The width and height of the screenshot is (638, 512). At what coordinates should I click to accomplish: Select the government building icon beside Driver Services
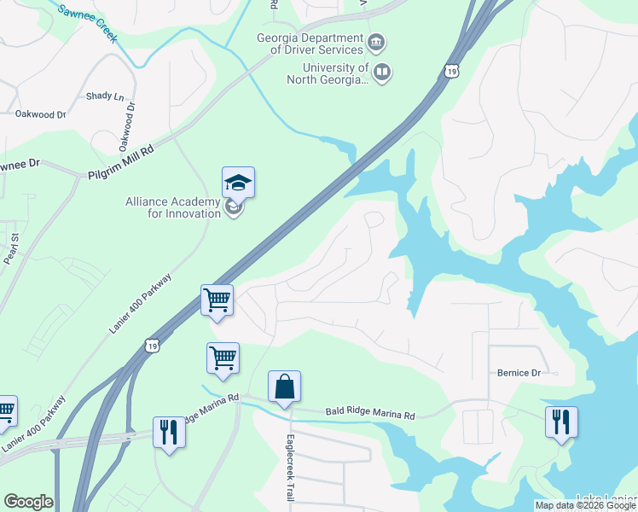pyautogui.click(x=375, y=43)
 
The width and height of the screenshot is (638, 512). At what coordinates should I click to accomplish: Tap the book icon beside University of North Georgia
pyautogui.click(x=382, y=73)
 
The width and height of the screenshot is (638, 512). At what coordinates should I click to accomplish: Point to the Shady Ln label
pyautogui.click(x=104, y=96)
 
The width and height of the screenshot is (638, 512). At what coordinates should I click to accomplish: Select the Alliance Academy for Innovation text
pyautogui.click(x=173, y=207)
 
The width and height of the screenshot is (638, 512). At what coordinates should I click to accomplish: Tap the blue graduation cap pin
pyautogui.click(x=238, y=183)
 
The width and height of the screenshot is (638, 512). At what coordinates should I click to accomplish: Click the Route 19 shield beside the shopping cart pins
pyautogui.click(x=151, y=344)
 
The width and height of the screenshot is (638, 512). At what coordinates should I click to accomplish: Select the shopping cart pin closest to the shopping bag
pyautogui.click(x=223, y=359)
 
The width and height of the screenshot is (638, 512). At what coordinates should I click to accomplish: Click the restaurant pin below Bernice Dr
pyautogui.click(x=561, y=422)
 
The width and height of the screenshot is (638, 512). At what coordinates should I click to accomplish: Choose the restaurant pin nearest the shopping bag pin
pyautogui.click(x=169, y=433)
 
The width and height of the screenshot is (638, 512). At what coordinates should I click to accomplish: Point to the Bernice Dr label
pyautogui.click(x=519, y=373)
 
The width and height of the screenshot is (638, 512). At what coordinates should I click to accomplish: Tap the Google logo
pyautogui.click(x=28, y=502)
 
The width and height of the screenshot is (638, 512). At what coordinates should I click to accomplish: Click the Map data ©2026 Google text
pyautogui.click(x=584, y=505)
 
